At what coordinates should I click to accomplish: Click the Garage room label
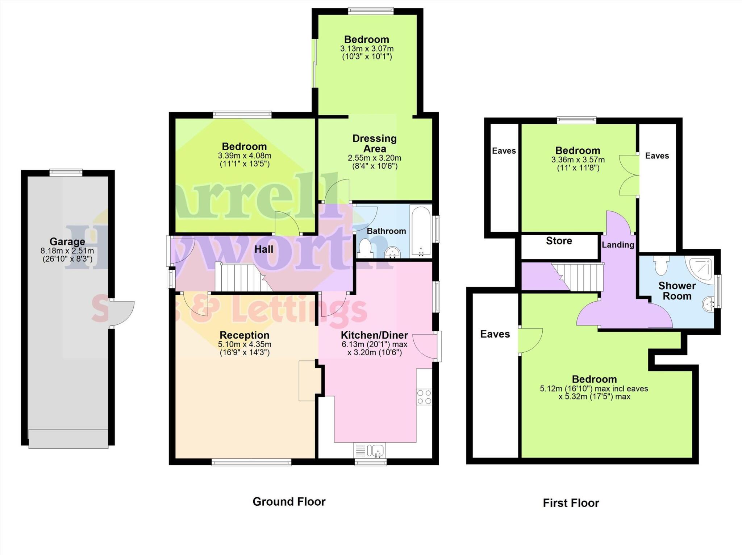[67, 241]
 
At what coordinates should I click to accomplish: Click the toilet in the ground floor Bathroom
[365, 248]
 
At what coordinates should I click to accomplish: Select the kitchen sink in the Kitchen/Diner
[375, 451]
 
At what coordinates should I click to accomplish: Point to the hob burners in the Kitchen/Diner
[424, 397]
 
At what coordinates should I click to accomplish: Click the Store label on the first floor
[559, 241]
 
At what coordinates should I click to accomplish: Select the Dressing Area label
[375, 144]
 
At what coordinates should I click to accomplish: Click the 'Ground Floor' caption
[289, 502]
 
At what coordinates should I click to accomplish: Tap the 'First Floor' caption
[571, 503]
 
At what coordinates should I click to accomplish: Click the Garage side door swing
[122, 314]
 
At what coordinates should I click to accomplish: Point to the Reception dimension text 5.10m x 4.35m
[245, 344]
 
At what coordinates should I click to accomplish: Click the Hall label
[264, 249]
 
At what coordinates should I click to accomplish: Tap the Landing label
[618, 245]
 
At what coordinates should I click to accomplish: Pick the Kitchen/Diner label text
[375, 335]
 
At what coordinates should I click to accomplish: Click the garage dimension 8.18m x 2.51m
[67, 251]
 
